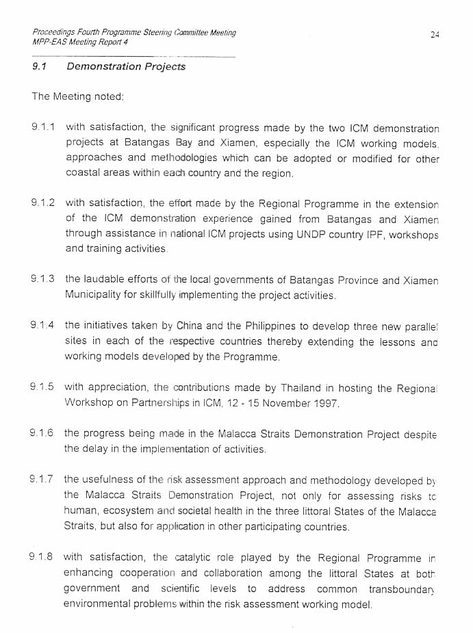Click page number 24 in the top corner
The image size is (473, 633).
(x=435, y=34)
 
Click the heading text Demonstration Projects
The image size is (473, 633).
(x=126, y=66)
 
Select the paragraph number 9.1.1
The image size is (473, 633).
(x=43, y=127)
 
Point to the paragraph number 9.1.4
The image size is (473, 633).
(x=43, y=325)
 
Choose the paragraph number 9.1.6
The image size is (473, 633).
(x=43, y=434)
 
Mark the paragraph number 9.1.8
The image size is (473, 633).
(x=43, y=558)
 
